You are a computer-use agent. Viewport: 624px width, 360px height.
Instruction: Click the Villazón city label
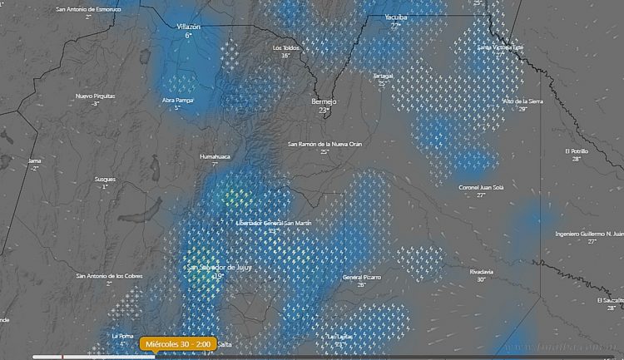coord(189,27)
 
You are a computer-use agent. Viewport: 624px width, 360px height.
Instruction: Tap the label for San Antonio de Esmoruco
coord(88,9)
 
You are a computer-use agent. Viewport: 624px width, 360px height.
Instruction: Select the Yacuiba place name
coord(396,17)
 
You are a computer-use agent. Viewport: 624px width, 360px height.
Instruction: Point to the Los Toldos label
coord(286,47)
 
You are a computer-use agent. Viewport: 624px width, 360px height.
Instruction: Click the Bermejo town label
coord(324,99)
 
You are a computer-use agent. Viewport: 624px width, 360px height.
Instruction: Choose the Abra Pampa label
coord(177,100)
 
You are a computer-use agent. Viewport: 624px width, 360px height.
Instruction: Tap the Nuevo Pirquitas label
coord(95,96)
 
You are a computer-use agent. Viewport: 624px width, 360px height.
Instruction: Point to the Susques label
coord(105,179)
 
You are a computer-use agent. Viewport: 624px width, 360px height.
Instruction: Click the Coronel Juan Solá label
coord(481,187)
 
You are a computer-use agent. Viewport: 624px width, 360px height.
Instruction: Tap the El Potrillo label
coord(576,151)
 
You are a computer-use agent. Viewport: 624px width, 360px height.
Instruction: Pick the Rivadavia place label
coord(481,272)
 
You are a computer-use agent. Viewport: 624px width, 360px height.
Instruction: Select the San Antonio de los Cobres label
coord(109,276)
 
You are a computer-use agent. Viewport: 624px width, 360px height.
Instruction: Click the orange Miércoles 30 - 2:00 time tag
coord(179,343)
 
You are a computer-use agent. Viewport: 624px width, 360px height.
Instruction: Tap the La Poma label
coord(122,336)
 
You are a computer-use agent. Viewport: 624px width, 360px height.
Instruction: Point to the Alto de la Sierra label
coord(522,101)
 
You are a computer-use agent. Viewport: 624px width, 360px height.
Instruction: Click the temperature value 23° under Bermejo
coord(324,110)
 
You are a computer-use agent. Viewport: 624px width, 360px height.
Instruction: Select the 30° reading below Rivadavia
coord(481,280)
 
